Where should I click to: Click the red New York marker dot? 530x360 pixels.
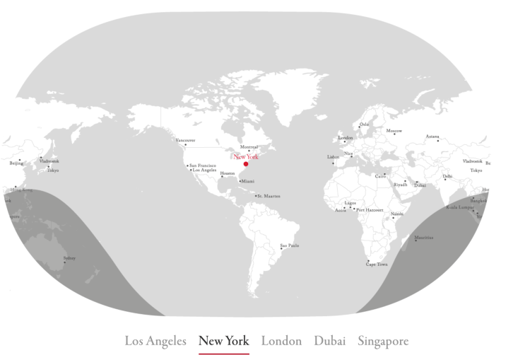click(x=246, y=164)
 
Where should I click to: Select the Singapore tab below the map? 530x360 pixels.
click(x=383, y=341)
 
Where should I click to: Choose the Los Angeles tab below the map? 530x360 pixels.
click(x=155, y=341)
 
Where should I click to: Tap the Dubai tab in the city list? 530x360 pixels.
click(x=330, y=341)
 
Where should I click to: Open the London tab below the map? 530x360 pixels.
click(x=281, y=341)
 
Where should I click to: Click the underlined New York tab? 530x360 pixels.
click(x=224, y=341)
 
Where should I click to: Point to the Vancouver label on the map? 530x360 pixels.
click(x=185, y=140)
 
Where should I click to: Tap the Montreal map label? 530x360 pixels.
click(x=249, y=147)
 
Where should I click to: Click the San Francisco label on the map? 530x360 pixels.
click(x=202, y=166)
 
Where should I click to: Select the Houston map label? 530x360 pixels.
click(x=227, y=173)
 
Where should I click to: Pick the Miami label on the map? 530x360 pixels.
click(x=247, y=181)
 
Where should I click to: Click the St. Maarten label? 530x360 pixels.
click(x=269, y=196)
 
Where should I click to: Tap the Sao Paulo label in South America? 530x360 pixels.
click(x=290, y=245)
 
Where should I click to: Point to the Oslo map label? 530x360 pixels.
click(x=364, y=124)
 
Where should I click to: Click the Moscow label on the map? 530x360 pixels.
click(x=394, y=131)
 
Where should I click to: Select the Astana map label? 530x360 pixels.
click(x=432, y=137)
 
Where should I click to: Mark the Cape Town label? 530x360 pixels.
click(x=377, y=265)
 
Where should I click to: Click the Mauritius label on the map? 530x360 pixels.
click(x=424, y=238)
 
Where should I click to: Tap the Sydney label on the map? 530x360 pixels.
click(x=69, y=258)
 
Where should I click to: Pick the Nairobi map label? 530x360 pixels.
click(x=396, y=214)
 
